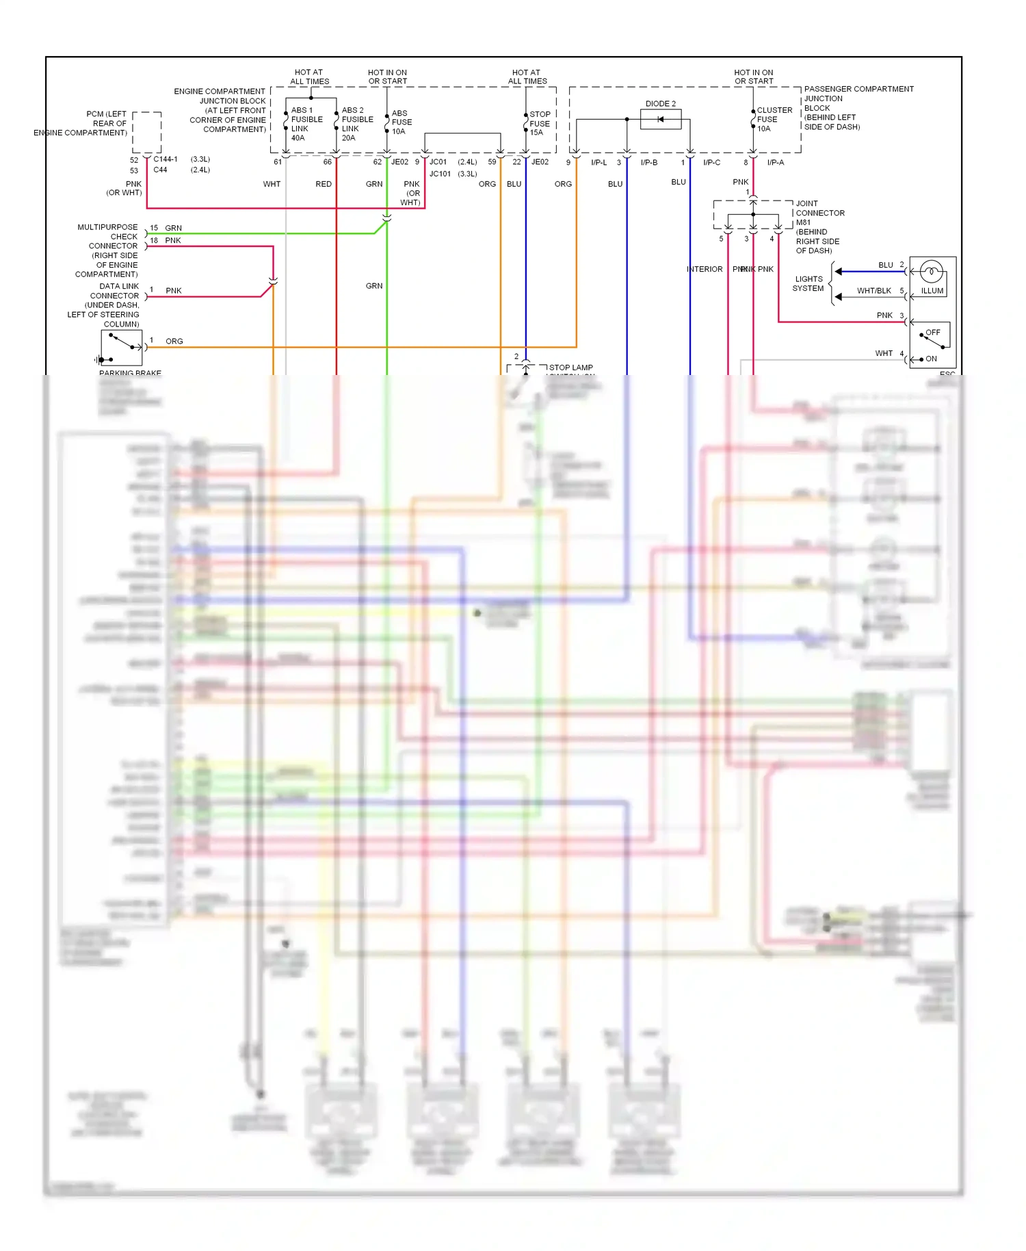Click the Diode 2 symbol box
(x=660, y=120)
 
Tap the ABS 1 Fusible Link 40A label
(x=306, y=124)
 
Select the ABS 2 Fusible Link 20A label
(x=357, y=124)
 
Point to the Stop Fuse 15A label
(x=540, y=124)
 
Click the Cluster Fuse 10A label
(x=774, y=119)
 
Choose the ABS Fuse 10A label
(x=402, y=122)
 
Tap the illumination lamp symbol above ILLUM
(x=931, y=272)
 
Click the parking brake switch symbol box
(x=121, y=348)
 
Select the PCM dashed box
(x=146, y=133)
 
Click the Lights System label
(x=808, y=283)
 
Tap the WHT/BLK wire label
(x=873, y=291)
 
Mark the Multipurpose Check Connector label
(x=107, y=250)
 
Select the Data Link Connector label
(x=104, y=305)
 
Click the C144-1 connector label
(x=166, y=159)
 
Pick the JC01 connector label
(x=438, y=162)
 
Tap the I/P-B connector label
(x=648, y=163)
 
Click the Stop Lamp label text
(x=570, y=367)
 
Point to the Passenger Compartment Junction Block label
(x=858, y=108)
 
